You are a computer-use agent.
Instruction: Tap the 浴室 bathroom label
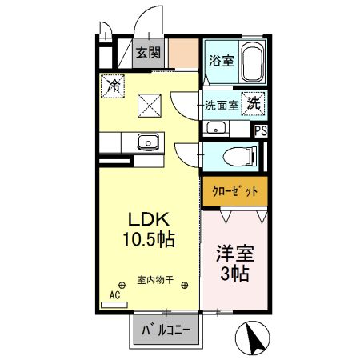(x=221, y=60)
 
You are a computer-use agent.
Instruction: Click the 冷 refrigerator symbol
(x=112, y=83)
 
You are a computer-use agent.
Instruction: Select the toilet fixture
(x=241, y=155)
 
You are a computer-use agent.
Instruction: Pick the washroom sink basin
(x=214, y=128)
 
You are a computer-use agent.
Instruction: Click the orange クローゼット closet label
(x=233, y=191)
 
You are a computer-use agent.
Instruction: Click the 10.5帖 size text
(x=147, y=238)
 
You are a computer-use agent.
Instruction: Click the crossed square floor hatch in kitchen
(x=150, y=104)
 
